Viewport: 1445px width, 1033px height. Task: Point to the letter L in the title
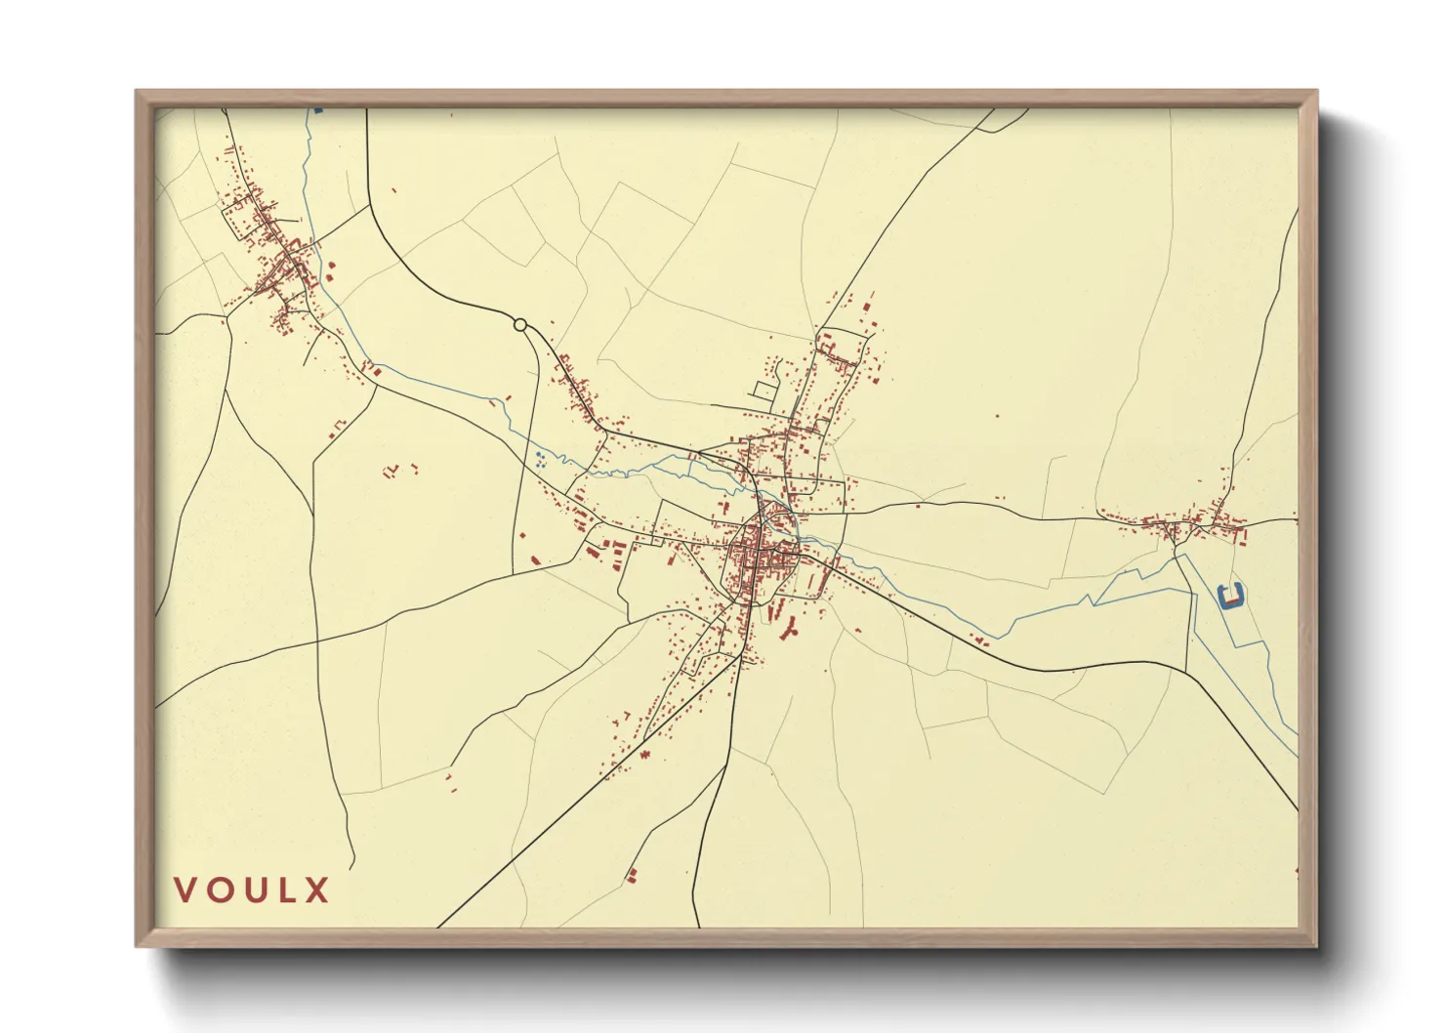tap(285, 890)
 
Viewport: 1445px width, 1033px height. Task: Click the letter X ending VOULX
tap(316, 890)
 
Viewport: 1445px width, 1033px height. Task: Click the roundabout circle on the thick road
tap(520, 324)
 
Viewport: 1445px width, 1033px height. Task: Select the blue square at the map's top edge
tap(317, 111)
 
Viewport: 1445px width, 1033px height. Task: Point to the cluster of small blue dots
tap(539, 460)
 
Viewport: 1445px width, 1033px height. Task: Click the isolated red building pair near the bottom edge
tap(632, 875)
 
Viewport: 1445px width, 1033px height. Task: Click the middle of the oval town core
tap(762, 561)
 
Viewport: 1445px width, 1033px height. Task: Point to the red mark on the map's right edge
tap(1296, 870)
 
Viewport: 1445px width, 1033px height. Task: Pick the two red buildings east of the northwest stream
tap(329, 269)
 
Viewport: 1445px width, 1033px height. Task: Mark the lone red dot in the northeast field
tap(997, 416)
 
